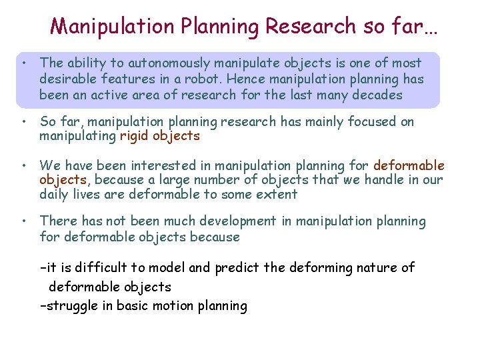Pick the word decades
[378, 95]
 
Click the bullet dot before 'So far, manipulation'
[23, 122]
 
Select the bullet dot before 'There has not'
[23, 221]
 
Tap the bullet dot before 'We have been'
[23, 165]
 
